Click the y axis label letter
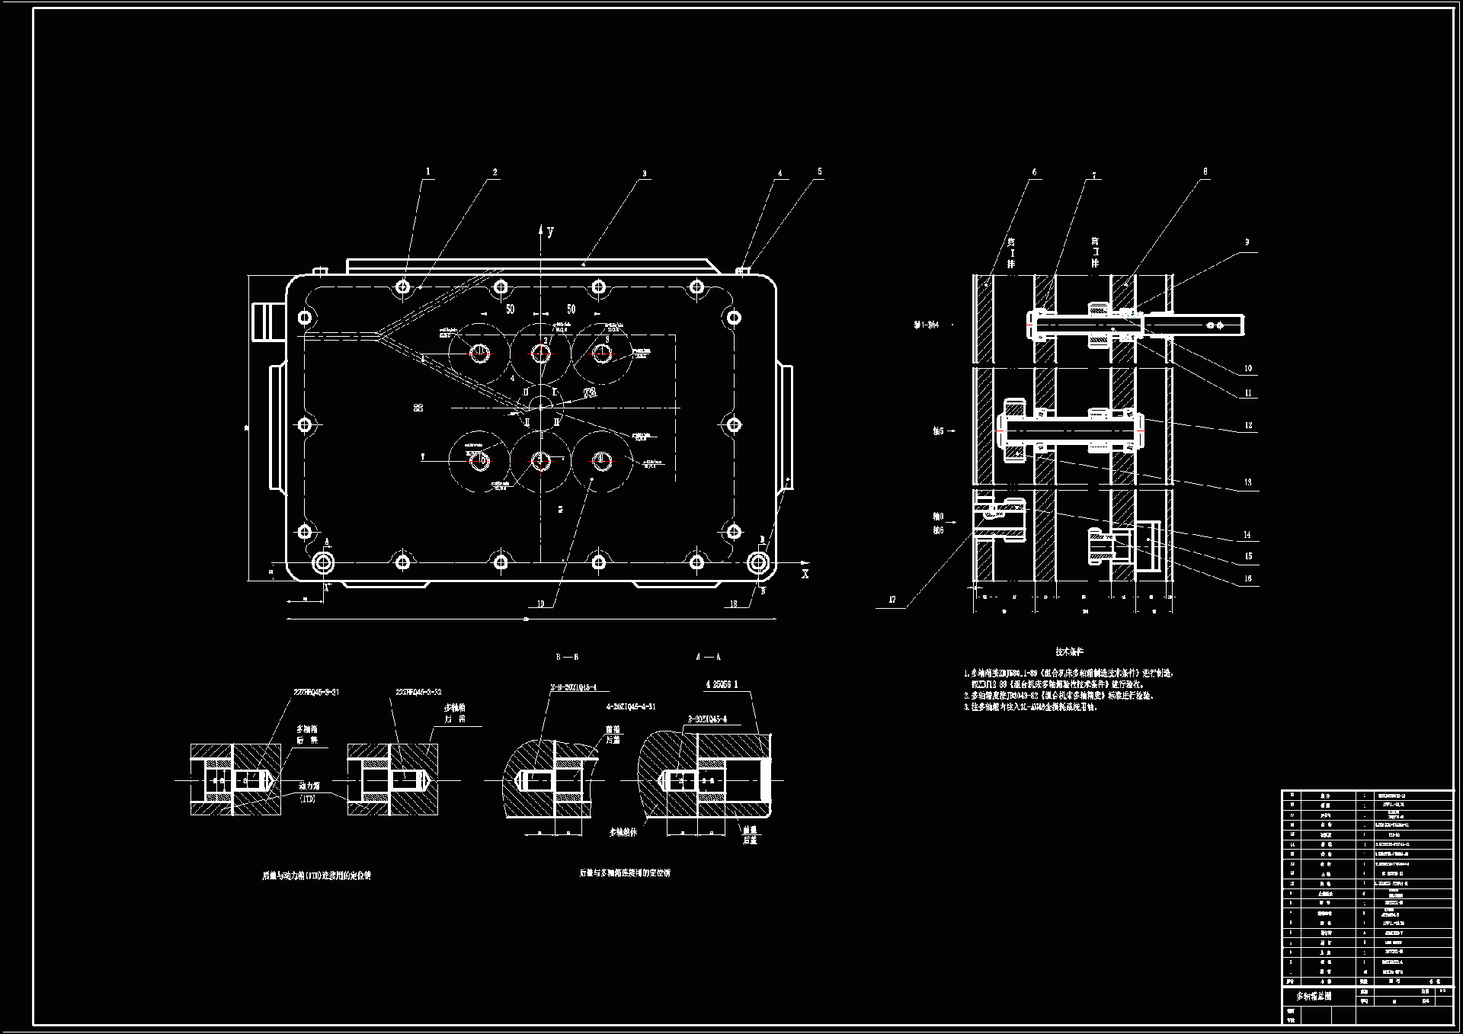550,232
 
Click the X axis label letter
805,574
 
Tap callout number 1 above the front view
428,172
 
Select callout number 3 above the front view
644,174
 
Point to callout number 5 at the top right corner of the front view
820,172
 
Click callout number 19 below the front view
541,604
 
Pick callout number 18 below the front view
734,604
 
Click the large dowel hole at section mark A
323,562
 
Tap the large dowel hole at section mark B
757,562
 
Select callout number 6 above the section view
1034,172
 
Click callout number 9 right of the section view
1247,242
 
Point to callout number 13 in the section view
1248,482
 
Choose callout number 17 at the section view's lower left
892,600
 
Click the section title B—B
567,657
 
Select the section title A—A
708,657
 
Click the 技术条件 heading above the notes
1069,652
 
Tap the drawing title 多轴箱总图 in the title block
1314,996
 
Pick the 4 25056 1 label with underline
722,684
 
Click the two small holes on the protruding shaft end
1215,325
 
